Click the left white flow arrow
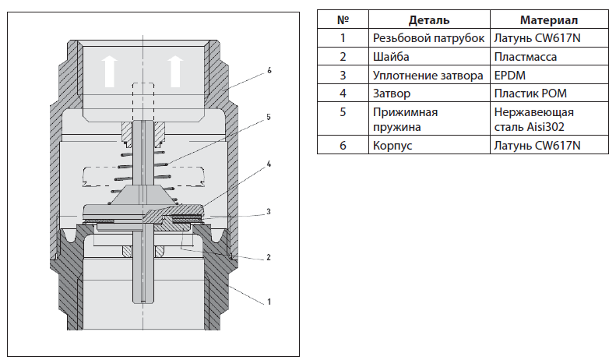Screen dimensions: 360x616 click(x=111, y=69)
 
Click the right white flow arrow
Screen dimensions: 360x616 click(x=177, y=69)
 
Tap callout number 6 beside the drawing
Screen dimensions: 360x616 click(x=269, y=70)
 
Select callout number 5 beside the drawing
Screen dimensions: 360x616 click(x=268, y=117)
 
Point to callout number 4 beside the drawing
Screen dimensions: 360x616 click(x=268, y=164)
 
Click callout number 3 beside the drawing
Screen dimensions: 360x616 click(x=268, y=210)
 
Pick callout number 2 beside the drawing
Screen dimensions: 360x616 click(x=268, y=256)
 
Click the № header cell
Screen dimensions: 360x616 click(x=342, y=19)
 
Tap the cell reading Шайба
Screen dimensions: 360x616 click(x=391, y=57)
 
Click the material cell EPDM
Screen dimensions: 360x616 click(x=511, y=76)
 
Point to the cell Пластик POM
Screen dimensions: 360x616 click(x=525, y=94)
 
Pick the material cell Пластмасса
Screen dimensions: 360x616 click(x=526, y=57)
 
